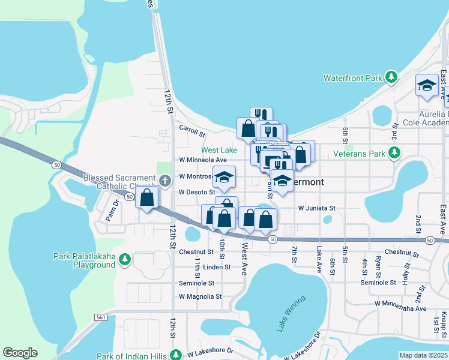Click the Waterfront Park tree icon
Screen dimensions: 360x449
click(391, 77)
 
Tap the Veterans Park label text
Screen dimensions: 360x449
click(360, 154)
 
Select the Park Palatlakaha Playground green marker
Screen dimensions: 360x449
click(125, 260)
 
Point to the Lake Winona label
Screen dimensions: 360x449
click(291, 313)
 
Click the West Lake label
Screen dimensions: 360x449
click(218, 150)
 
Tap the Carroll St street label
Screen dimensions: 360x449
click(192, 128)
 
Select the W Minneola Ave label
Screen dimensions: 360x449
click(203, 160)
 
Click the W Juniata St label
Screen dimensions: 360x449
click(316, 208)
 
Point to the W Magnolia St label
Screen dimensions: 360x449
click(200, 296)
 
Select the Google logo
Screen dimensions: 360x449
click(20, 353)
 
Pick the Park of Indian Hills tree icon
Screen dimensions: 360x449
click(176, 355)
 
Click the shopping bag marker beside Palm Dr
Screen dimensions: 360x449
click(147, 197)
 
